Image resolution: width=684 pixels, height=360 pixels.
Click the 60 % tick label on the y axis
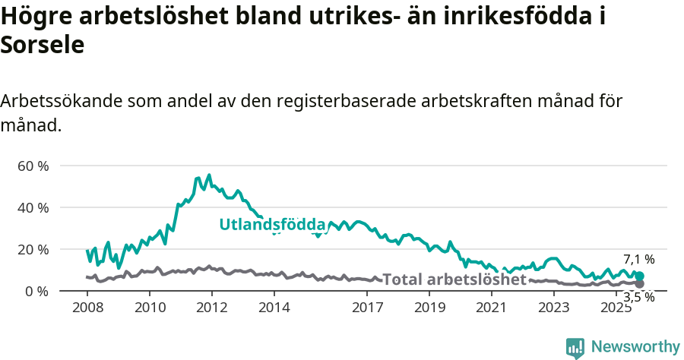32,166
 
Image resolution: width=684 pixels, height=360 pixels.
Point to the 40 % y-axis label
32,207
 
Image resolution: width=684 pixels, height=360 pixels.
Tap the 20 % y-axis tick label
32,249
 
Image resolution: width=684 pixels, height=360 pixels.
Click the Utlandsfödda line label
272,225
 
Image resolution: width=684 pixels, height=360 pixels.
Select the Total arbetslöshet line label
454,279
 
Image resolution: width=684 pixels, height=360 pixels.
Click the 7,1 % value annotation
638,260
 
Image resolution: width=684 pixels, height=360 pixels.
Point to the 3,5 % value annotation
638,297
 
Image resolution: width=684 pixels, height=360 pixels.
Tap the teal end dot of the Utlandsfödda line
639,276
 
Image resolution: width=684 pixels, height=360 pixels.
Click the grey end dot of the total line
639,283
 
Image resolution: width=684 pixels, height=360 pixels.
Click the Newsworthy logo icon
575,347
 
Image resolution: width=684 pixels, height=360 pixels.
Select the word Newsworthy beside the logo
635,347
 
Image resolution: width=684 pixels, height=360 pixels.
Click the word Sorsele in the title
42,45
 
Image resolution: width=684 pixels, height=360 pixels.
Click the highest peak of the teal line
209,175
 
